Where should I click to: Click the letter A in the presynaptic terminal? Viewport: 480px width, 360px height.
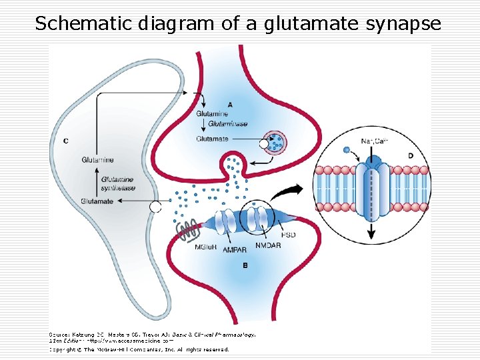230,105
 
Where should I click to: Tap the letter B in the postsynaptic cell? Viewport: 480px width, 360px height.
245,265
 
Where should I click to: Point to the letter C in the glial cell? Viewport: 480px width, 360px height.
65,141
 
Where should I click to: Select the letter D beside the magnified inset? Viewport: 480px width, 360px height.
410,155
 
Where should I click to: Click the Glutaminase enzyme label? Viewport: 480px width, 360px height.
227,124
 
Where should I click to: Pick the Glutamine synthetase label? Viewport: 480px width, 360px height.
117,184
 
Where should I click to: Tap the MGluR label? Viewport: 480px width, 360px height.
206,248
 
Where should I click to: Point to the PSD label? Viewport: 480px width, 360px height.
289,235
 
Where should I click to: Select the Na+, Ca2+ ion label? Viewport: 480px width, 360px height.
373,141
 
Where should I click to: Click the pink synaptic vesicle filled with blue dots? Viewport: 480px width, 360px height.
275,141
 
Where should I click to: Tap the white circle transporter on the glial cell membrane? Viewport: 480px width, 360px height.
155,207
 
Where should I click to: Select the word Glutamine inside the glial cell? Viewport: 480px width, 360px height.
97,160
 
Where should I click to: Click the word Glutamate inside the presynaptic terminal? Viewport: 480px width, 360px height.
212,139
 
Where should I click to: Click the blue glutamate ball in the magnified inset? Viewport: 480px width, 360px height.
346,150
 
